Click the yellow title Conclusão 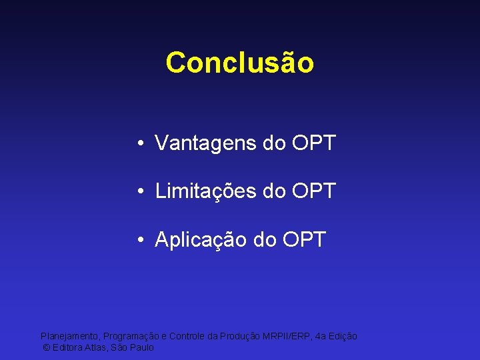[x=239, y=63]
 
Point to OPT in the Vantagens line [x=313, y=143]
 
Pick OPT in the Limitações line [x=313, y=191]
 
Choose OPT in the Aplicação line [x=304, y=239]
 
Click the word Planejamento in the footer [x=69, y=337]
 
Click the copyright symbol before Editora [x=46, y=348]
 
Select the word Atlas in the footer [x=97, y=348]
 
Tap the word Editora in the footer [x=67, y=348]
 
